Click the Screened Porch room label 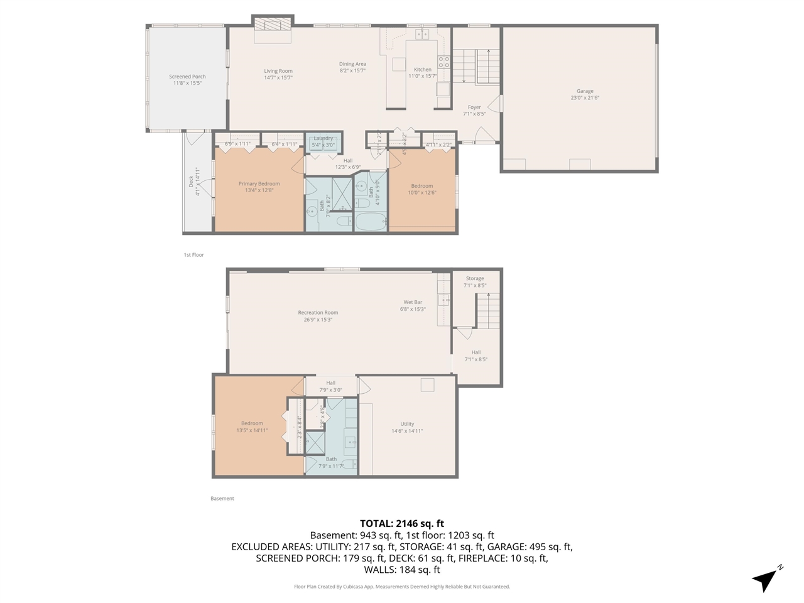click(187, 77)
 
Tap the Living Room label click(278, 72)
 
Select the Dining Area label click(352, 64)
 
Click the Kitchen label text click(423, 70)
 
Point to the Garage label click(585, 91)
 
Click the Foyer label click(474, 107)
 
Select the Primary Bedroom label click(259, 184)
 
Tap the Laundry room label click(323, 138)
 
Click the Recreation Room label click(318, 313)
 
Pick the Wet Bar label click(413, 302)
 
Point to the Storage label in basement click(475, 279)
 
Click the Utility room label click(407, 424)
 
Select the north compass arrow click(766, 579)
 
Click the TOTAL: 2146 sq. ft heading click(402, 523)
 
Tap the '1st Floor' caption click(193, 255)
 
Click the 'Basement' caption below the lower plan click(222, 499)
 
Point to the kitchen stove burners click(443, 62)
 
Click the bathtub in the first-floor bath click(370, 222)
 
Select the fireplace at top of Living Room click(273, 25)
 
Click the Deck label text click(191, 182)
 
